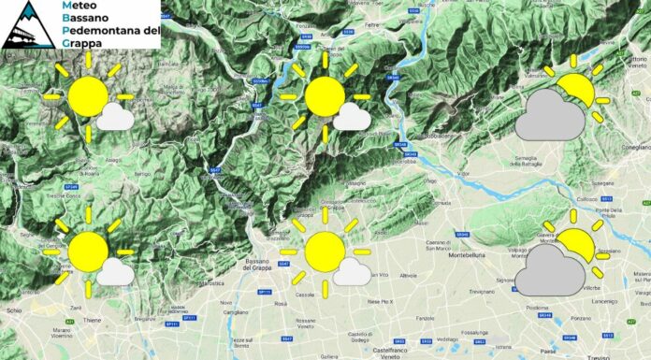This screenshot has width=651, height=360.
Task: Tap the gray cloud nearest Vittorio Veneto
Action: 551,117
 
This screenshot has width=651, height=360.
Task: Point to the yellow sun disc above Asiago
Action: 88,96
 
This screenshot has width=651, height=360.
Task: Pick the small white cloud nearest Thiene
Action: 114,271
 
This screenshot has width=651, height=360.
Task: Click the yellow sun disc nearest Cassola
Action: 324,252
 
